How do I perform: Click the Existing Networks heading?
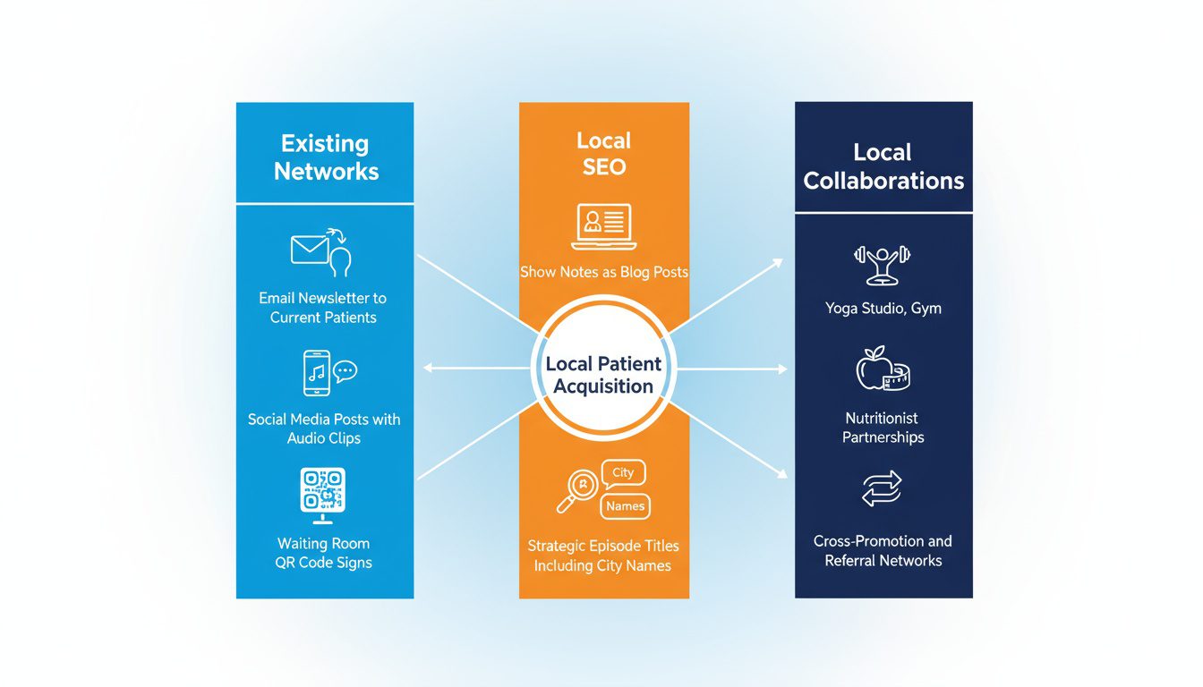[326, 157]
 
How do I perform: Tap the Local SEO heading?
[603, 153]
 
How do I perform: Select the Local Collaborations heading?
[883, 166]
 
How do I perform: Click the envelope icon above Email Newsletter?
[311, 250]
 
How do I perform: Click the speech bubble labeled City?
[623, 472]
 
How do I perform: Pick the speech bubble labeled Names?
[625, 506]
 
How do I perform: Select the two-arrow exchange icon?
[882, 489]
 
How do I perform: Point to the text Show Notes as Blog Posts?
[603, 272]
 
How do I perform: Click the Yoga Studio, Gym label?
[883, 309]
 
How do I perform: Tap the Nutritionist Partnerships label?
[883, 428]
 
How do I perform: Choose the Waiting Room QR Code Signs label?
[323, 553]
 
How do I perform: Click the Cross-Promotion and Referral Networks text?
[883, 551]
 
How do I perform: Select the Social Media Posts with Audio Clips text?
[324, 428]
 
